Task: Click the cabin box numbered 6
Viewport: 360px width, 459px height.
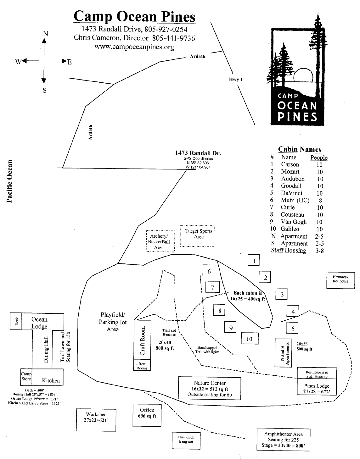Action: [208, 271]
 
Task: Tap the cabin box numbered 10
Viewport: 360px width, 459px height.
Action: [250, 338]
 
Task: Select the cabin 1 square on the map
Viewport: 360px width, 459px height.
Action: [253, 260]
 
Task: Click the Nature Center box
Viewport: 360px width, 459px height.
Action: [210, 389]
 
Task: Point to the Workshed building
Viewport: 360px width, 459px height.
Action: [96, 420]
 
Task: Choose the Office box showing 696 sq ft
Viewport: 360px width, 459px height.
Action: [147, 415]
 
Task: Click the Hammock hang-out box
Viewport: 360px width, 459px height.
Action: [186, 441]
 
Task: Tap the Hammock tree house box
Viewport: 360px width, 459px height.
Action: [340, 280]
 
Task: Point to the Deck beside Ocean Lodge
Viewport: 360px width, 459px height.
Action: [16, 321]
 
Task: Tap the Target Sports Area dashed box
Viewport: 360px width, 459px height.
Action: [197, 236]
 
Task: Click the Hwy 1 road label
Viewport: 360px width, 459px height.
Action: [236, 80]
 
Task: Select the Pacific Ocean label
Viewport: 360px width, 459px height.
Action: [9, 181]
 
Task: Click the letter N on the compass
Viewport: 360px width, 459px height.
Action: [45, 34]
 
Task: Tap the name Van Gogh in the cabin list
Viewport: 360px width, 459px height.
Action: [293, 222]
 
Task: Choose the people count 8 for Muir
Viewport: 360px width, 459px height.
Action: [320, 201]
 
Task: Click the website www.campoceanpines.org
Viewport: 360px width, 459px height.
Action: [134, 47]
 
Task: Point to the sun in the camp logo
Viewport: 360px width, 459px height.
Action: [304, 75]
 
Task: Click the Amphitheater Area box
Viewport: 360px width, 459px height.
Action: [284, 440]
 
